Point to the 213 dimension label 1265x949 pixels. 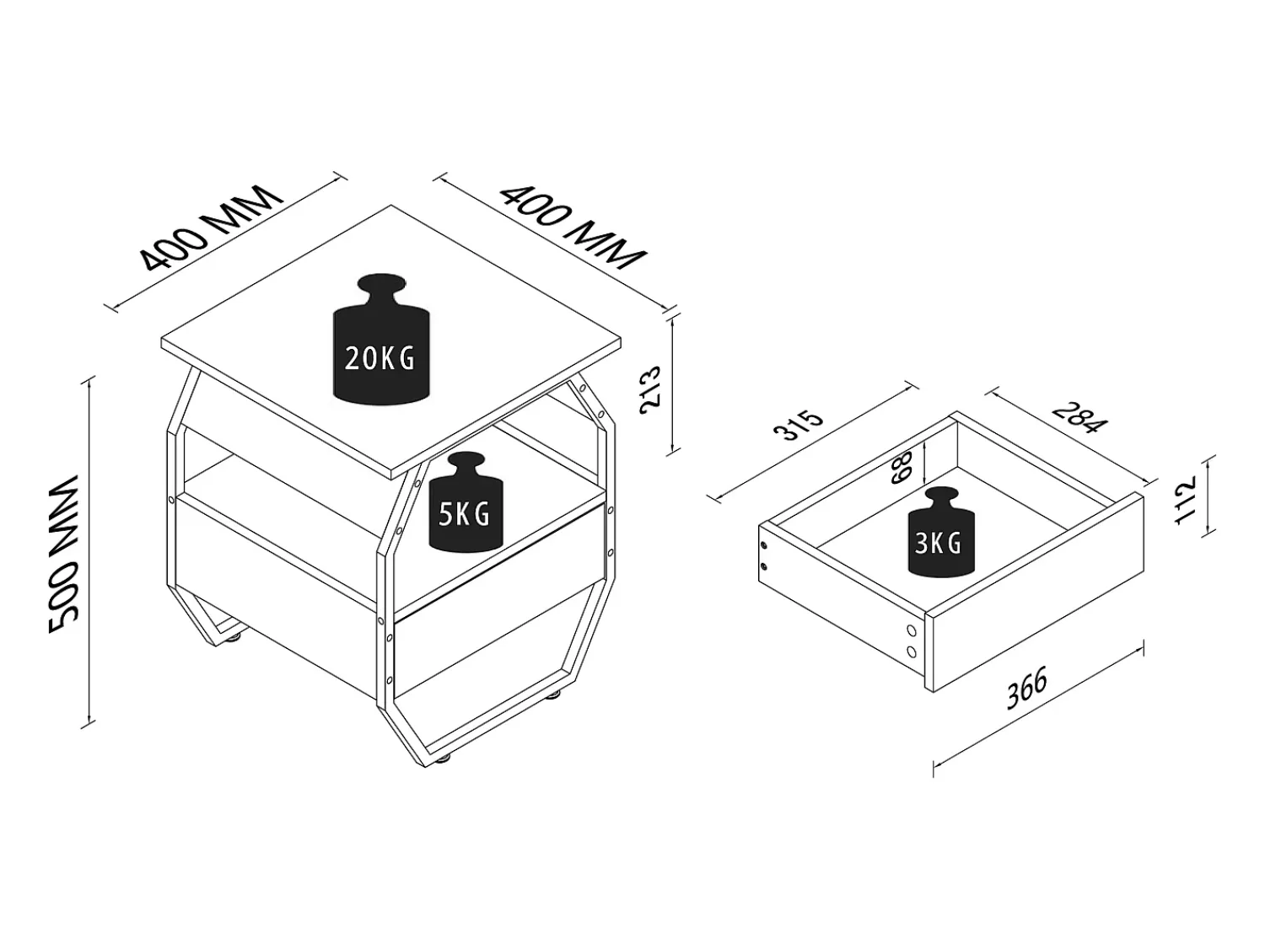(x=651, y=390)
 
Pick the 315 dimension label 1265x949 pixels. (x=799, y=425)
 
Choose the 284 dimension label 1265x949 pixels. (x=1079, y=416)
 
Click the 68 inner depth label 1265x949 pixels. (x=902, y=468)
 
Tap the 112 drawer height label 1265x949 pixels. (x=1185, y=500)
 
